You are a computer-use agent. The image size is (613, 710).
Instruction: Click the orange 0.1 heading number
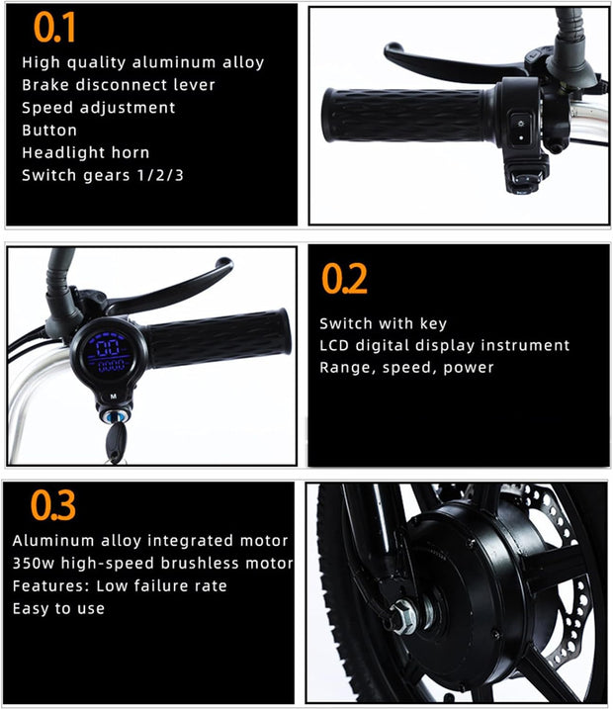54,27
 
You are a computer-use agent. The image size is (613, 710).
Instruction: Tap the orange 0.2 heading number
344,279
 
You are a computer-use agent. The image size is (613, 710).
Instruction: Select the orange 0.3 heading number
53,504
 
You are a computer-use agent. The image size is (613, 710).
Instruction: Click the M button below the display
113,397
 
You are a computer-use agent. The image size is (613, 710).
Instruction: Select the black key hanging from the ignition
116,441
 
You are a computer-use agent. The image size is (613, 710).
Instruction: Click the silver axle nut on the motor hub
402,616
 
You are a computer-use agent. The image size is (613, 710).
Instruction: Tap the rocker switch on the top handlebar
521,130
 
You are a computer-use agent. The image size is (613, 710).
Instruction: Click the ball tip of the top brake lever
393,48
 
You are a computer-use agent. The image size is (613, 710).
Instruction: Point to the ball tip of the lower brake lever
225,264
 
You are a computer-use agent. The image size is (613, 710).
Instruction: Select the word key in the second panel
433,323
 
